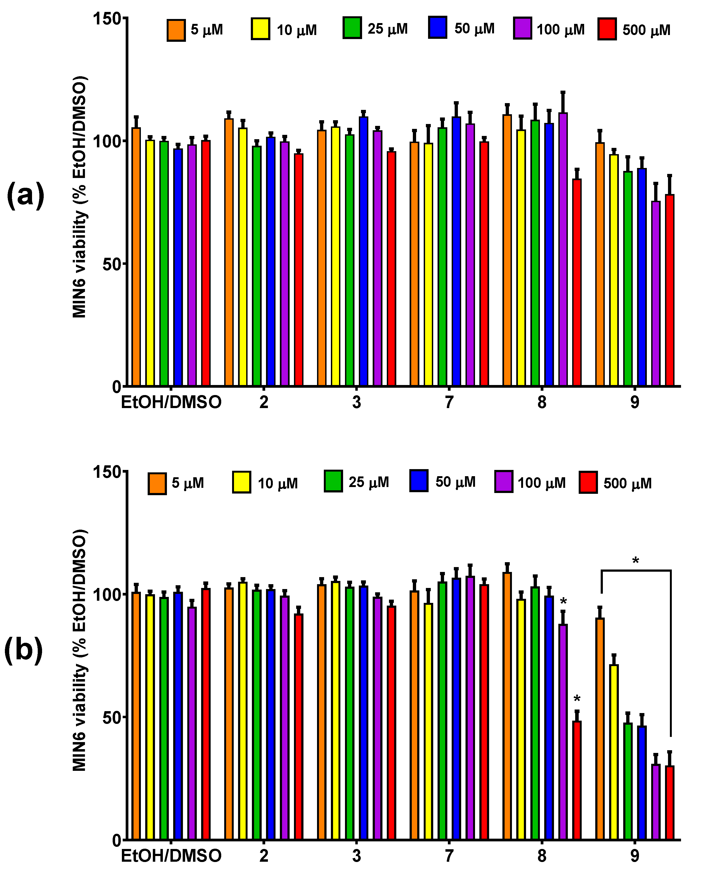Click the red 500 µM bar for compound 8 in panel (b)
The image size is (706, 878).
(577, 780)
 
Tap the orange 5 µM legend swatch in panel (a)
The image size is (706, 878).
(176, 30)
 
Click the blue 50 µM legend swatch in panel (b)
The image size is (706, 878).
(419, 481)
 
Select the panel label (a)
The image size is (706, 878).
(25, 195)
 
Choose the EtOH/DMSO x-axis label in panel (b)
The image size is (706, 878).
(171, 856)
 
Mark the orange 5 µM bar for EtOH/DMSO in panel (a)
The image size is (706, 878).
(136, 257)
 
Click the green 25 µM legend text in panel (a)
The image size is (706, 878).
(387, 29)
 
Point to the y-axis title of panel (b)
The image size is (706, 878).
(80, 650)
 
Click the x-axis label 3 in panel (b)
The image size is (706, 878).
(356, 856)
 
